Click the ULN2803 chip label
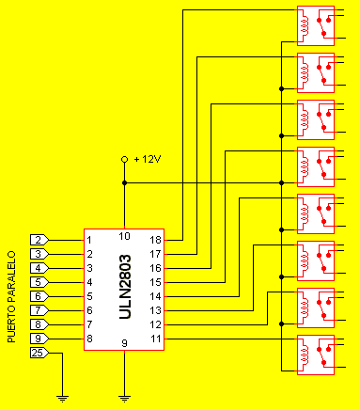coord(125,290)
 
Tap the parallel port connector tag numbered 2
coord(39,240)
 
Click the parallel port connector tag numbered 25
coord(39,353)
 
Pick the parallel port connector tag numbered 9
coord(39,339)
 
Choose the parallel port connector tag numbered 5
coord(39,282)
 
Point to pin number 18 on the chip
coord(156,240)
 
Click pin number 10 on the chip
coord(124,235)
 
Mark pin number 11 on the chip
coord(156,339)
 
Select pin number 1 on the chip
coord(89,240)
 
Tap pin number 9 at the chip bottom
coord(124,344)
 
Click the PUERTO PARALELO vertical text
coord(11,295)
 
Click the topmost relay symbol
coord(315,25)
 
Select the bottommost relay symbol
coord(315,355)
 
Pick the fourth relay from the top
coord(315,166)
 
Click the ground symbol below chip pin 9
coord(124,398)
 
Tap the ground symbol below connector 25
coord(63,398)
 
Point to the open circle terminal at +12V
coord(124,159)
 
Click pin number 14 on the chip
coord(156,296)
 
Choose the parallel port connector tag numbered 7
coord(39,310)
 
